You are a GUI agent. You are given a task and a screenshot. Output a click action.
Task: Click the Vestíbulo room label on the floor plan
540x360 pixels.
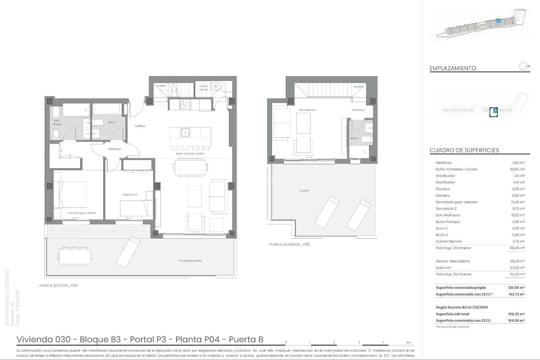pos(140,126)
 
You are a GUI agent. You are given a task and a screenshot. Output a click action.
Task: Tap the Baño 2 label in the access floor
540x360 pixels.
pos(112,122)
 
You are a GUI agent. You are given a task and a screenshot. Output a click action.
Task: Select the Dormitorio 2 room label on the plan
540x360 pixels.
pos(130,195)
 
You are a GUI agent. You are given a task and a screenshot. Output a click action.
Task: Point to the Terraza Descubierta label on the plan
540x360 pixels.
pos(190,261)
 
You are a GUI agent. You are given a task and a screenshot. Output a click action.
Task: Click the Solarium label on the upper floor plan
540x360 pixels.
pos(304,191)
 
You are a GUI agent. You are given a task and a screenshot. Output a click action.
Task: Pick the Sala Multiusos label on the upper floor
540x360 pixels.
pos(307,110)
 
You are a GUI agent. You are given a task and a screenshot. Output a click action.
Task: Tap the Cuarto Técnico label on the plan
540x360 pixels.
pos(203,88)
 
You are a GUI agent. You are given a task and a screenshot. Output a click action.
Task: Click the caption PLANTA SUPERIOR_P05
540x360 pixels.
pos(289,244)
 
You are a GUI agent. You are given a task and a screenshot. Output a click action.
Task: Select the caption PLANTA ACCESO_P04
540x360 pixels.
pos(58,285)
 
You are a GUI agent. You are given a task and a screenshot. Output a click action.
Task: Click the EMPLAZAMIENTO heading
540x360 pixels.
pos(453,68)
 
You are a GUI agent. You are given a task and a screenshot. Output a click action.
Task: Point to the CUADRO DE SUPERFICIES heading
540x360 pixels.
pos(464,150)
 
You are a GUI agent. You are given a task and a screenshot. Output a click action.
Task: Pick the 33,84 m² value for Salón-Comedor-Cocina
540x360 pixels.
pos(518,169)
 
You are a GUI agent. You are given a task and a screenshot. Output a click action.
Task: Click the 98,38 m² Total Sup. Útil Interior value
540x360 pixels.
pos(518,248)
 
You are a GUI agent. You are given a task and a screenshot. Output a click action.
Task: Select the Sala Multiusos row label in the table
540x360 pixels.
pos(448,215)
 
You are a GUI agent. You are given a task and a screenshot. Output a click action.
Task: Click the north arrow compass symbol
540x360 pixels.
pos(523,66)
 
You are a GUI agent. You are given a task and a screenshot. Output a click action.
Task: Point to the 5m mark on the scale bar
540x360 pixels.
pos(408,342)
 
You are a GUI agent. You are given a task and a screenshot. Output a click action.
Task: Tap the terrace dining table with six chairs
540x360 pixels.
pos(75,256)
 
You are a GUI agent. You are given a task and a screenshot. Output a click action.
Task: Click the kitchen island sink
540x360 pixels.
pos(186,132)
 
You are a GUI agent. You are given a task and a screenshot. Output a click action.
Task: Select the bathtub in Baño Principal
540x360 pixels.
pos(76,110)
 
